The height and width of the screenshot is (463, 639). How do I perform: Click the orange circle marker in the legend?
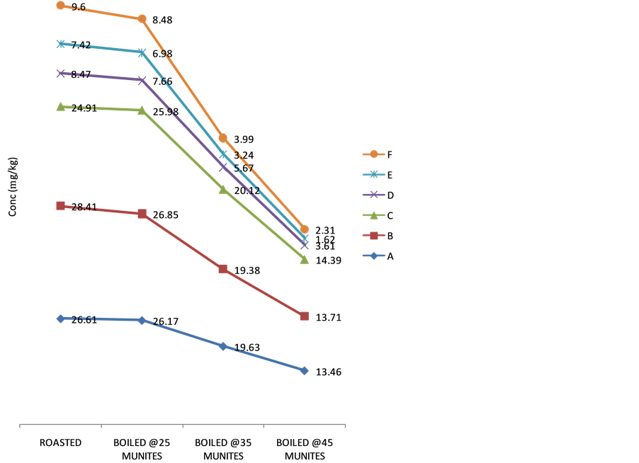point(373,154)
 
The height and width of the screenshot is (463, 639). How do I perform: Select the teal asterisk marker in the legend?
point(373,174)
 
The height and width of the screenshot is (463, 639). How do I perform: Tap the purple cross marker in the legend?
point(373,195)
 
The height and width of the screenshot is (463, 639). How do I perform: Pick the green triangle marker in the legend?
point(373,215)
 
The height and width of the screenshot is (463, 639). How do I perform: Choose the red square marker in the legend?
point(373,236)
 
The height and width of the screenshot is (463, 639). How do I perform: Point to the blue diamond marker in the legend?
point(373,256)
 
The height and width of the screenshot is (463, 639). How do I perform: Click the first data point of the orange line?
point(61,5)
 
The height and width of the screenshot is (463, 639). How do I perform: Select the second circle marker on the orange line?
point(142,19)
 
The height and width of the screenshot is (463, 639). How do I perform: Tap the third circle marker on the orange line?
point(222,138)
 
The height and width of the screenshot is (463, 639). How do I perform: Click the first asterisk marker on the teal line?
point(61,44)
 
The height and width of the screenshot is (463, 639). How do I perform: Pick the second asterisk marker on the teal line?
point(142,52)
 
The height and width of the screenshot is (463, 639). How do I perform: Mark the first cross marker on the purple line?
point(61,74)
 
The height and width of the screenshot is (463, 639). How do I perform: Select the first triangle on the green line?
point(61,107)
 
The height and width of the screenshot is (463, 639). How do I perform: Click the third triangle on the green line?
point(222,190)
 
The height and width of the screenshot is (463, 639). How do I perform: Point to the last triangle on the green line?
point(304,260)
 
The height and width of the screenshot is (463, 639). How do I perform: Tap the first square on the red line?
point(61,206)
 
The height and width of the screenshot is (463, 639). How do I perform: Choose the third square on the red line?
point(222,269)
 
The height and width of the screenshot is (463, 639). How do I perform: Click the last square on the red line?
point(304,316)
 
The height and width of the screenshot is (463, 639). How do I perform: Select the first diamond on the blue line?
point(61,319)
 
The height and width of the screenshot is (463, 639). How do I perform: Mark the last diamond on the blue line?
point(304,370)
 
